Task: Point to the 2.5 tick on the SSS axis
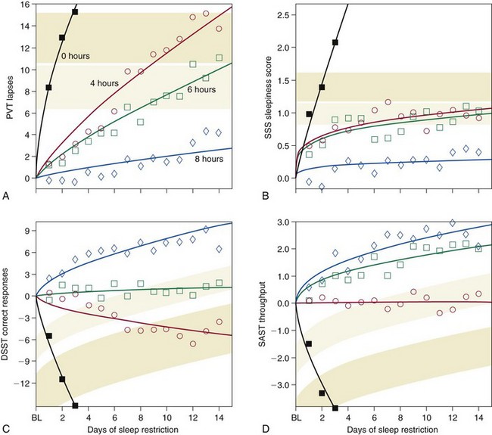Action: [280, 14]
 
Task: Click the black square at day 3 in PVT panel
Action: [74, 12]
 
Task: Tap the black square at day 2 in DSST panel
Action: [62, 378]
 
